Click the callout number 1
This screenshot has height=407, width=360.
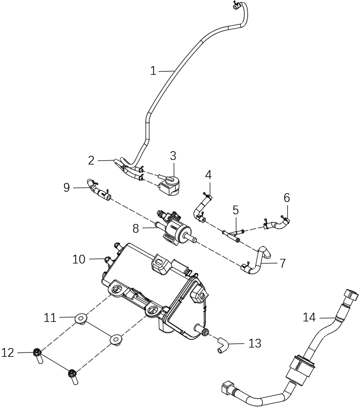pyautogui.click(x=153, y=71)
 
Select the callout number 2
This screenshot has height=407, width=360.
pyautogui.click(x=91, y=160)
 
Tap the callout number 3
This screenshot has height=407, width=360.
pyautogui.click(x=173, y=155)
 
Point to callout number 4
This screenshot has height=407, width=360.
pyautogui.click(x=208, y=175)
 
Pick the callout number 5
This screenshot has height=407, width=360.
pyautogui.click(x=236, y=210)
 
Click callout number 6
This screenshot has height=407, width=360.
pyautogui.click(x=287, y=197)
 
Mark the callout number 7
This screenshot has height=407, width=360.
pyautogui.click(x=282, y=263)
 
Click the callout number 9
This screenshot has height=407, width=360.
pyautogui.click(x=67, y=188)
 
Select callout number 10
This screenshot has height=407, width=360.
pyautogui.click(x=79, y=259)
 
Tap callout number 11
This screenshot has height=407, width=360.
pyautogui.click(x=50, y=318)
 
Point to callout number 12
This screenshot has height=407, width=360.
pyautogui.click(x=8, y=353)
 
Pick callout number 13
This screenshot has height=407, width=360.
pyautogui.click(x=255, y=343)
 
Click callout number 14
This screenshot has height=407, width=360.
pyautogui.click(x=309, y=318)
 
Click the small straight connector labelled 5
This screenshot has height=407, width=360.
pyautogui.click(x=233, y=233)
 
